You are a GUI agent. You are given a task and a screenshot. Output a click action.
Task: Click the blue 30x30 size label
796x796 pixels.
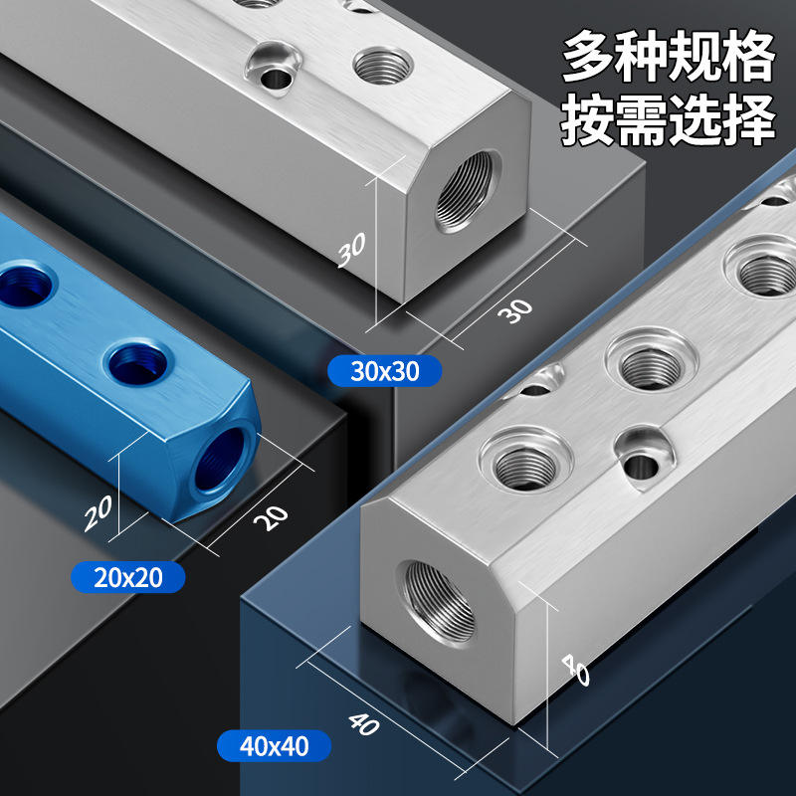[384, 371]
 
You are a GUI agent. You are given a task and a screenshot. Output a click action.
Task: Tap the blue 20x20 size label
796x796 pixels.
[128, 577]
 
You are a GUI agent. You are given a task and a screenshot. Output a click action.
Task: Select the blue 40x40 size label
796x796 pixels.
[275, 745]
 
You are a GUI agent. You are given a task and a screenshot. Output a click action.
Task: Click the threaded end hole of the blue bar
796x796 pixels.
[220, 460]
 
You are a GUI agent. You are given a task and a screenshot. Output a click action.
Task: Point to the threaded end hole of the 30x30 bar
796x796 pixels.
[465, 191]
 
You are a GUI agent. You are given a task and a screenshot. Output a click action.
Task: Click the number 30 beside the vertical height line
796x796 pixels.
[352, 250]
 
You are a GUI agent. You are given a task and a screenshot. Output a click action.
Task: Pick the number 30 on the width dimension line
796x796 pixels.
[515, 310]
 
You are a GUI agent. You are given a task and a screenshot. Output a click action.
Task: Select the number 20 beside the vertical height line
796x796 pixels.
[98, 513]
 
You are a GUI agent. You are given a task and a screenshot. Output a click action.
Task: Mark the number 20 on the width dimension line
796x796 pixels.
[271, 517]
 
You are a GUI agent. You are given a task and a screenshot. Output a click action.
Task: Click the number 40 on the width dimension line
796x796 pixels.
[363, 724]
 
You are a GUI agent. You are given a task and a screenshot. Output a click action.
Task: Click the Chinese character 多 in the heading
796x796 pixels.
[588, 56]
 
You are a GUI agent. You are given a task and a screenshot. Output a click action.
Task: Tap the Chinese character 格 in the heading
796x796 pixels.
[749, 56]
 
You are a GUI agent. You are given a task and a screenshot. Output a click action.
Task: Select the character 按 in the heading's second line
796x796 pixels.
[588, 119]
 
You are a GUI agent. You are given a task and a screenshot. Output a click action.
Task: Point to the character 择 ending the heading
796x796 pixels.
[749, 119]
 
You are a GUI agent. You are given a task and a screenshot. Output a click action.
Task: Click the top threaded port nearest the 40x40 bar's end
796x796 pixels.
[525, 467]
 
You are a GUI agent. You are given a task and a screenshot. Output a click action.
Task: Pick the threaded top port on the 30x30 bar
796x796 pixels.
[382, 67]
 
